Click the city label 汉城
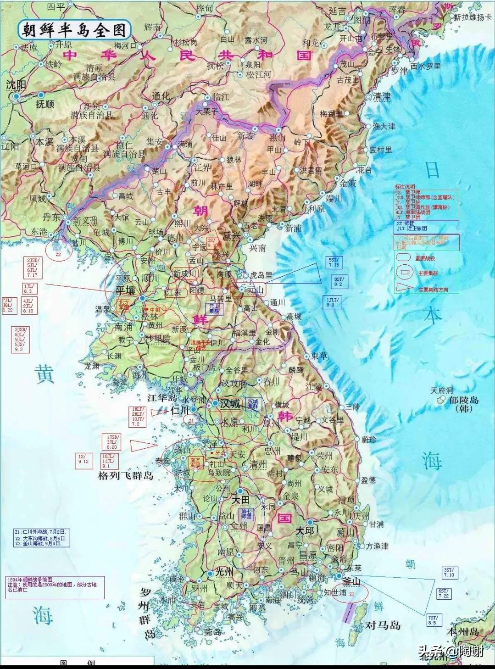click(x=230, y=404)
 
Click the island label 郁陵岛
click(x=463, y=400)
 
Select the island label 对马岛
click(x=383, y=625)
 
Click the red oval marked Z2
click(x=58, y=253)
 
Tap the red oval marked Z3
click(x=351, y=594)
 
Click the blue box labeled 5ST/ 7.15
click(x=334, y=262)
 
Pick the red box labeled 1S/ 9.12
click(x=83, y=459)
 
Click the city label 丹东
click(x=51, y=216)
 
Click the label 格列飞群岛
click(x=126, y=476)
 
